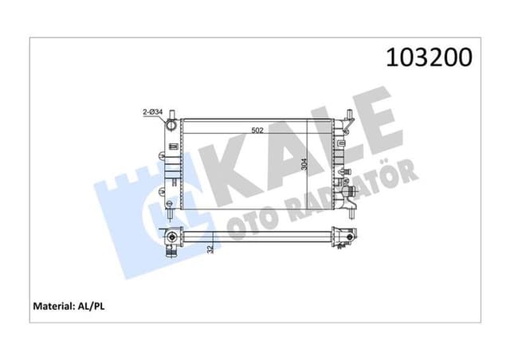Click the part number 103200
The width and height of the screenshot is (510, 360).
429,57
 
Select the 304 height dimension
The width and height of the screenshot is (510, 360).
304,164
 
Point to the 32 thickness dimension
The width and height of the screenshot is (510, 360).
210,248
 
